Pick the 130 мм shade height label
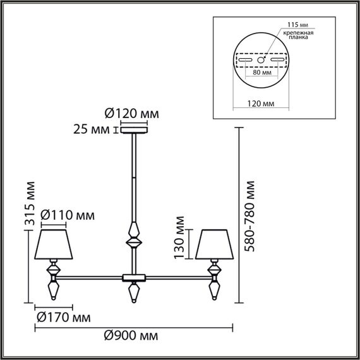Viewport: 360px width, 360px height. coord(179,237)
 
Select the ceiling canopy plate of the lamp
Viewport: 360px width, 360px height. coord(133,131)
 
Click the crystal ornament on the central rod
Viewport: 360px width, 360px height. coord(133,234)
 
